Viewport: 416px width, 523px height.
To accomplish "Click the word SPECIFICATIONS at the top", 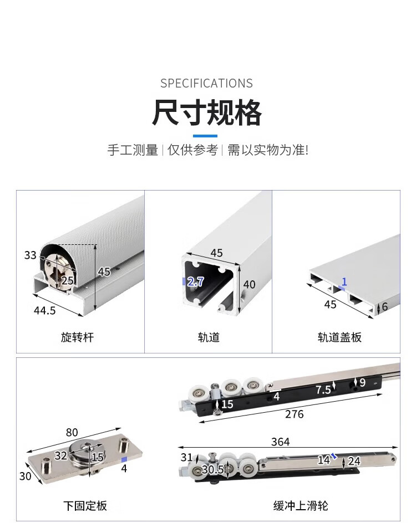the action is coord(206,83).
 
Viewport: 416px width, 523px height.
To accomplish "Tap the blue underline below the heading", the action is coord(205,136).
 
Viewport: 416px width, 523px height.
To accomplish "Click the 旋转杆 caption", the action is coord(77,337).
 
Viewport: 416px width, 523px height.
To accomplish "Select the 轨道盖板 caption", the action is coord(339,337).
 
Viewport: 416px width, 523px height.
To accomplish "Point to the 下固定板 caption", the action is coord(85,505).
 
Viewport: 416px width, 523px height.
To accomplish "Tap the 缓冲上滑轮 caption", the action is coord(301,505).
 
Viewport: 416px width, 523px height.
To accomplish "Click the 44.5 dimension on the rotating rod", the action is coord(45,310).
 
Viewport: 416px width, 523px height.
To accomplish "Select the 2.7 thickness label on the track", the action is coord(195,282).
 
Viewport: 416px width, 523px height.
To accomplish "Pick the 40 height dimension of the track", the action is coord(249,285).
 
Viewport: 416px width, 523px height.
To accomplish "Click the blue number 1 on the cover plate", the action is coord(344,282).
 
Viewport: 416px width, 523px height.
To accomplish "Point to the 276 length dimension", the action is coord(294,414).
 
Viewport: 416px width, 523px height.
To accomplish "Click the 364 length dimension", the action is coord(280,442).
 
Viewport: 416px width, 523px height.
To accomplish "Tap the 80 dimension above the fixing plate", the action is coord(72,432).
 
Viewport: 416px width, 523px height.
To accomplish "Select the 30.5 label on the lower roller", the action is coord(212,470).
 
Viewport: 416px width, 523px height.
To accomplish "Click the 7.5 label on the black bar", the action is coord(323,389).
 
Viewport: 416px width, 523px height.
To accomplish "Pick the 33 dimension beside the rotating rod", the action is coord(30,255).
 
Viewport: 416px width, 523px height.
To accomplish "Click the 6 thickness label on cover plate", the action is coord(384,306).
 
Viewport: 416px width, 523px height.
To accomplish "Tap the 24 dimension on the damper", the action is coord(354,462).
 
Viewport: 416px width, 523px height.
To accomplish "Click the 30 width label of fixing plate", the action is coord(26,476).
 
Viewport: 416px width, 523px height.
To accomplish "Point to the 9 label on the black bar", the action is coord(362,382).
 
